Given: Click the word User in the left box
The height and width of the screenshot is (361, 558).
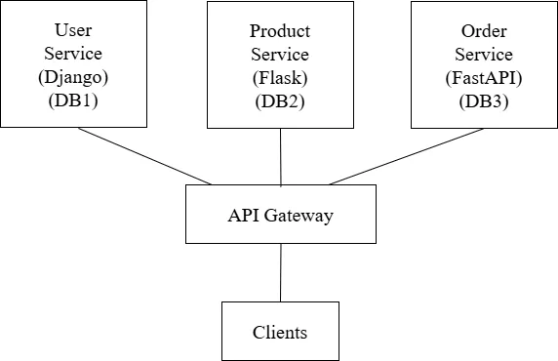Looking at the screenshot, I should pyautogui.click(x=73, y=30).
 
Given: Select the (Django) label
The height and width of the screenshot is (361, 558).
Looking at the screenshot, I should pyautogui.click(x=73, y=77).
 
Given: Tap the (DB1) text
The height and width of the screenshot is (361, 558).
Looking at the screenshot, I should pyautogui.click(x=73, y=100).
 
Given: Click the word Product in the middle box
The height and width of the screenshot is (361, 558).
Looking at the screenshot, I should pyautogui.click(x=279, y=30).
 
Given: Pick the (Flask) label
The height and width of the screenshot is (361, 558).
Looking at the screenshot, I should pyautogui.click(x=279, y=77).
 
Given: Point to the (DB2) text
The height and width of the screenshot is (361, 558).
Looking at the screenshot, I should pyautogui.click(x=279, y=100).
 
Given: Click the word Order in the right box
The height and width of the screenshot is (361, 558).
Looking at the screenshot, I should pyautogui.click(x=484, y=30).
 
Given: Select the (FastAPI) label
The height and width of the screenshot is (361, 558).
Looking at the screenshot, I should pyautogui.click(x=484, y=77).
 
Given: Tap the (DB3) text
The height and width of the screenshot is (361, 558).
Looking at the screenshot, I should pyautogui.click(x=484, y=100).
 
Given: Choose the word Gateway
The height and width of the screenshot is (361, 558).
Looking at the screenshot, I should pyautogui.click(x=297, y=215).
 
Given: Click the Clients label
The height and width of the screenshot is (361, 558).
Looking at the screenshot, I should pyautogui.click(x=280, y=332).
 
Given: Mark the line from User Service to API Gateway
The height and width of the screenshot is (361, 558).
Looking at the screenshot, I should pyautogui.click(x=144, y=156).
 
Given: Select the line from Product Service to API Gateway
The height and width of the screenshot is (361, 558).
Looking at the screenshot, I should pyautogui.click(x=281, y=156).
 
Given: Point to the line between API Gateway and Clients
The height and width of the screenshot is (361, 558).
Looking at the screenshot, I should pyautogui.click(x=281, y=272).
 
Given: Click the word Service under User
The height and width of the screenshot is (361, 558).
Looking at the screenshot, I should pyautogui.click(x=73, y=54).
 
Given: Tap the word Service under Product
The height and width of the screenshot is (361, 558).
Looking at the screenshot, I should pyautogui.click(x=279, y=54).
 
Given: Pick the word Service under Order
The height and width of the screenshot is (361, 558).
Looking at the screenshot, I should pyautogui.click(x=484, y=54).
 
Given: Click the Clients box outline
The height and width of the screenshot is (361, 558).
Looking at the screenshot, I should pyautogui.click(x=222, y=332).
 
